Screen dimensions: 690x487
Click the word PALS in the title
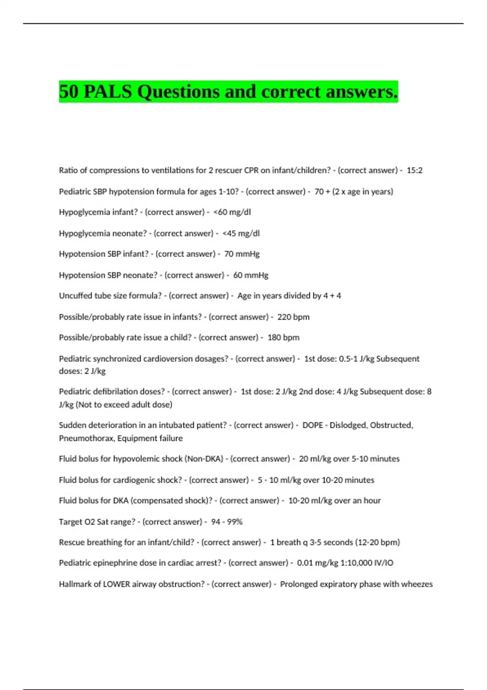108,92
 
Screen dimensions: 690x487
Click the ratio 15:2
414,170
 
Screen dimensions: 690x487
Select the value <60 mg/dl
232,212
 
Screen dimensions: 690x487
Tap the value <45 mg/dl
241,233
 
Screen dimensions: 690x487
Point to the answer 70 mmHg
242,254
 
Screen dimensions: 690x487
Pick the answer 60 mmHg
251,275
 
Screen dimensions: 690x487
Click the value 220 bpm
293,317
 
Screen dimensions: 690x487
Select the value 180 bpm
283,338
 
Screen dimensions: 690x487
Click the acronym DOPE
312,425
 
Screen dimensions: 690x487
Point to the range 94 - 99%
226,522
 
